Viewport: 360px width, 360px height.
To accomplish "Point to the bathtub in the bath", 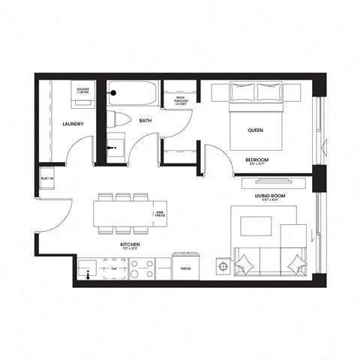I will click(132, 95).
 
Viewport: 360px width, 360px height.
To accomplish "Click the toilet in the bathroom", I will click(120, 118).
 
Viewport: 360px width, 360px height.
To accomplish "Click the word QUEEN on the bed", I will click(255, 130).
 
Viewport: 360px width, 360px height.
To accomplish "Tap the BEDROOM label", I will click(256, 160).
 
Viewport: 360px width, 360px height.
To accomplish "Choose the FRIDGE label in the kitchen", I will click(185, 268).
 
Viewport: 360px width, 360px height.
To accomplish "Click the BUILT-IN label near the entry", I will click(46, 181).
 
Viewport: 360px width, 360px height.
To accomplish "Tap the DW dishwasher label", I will click(112, 268).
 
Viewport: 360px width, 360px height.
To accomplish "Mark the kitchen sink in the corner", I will click(89, 268).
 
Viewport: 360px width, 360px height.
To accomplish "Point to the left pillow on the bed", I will click(242, 92).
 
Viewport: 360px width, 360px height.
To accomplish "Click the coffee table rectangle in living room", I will click(256, 226).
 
